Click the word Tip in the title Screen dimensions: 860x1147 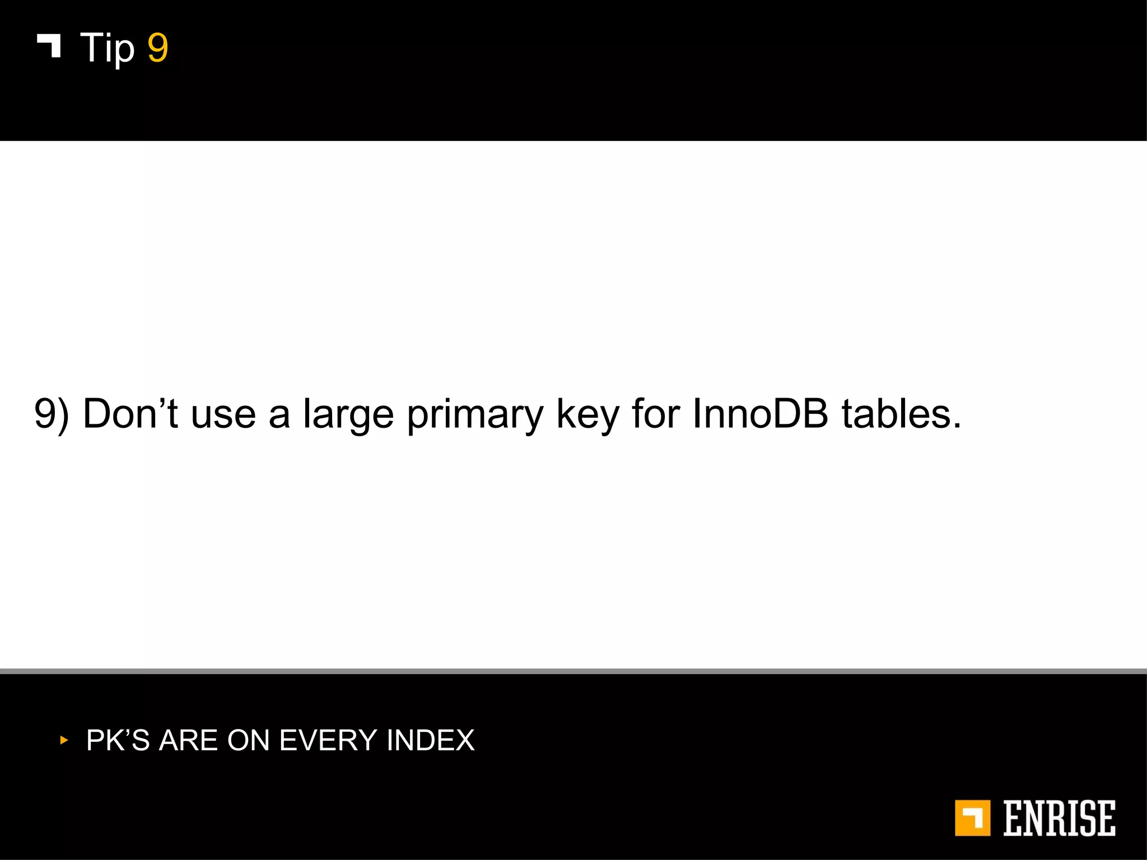[x=107, y=48]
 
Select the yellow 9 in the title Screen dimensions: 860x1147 [x=157, y=48]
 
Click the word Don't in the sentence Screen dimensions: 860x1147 [x=130, y=414]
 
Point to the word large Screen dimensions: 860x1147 [x=348, y=415]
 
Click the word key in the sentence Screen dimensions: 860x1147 [x=588, y=415]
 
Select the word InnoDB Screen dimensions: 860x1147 [x=760, y=414]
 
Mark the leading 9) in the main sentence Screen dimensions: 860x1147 [x=52, y=415]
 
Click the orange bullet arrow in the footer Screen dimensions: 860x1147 [x=64, y=740]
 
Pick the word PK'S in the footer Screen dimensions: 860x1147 [x=118, y=740]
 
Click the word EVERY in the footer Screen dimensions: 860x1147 [x=328, y=740]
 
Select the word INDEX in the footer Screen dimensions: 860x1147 [x=430, y=740]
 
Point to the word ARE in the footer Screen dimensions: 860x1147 [x=188, y=740]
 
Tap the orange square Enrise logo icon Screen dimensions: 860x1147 [x=972, y=818]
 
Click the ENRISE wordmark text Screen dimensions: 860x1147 [x=1059, y=818]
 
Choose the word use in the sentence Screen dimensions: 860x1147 [x=223, y=415]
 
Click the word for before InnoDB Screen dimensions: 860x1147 [x=655, y=414]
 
